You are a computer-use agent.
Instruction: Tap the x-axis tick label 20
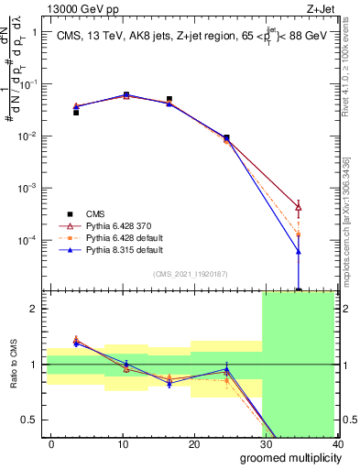(194, 443)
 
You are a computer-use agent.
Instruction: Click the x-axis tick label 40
(336, 443)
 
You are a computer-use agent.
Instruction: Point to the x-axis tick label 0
(51, 443)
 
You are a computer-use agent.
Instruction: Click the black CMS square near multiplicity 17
(169, 99)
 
